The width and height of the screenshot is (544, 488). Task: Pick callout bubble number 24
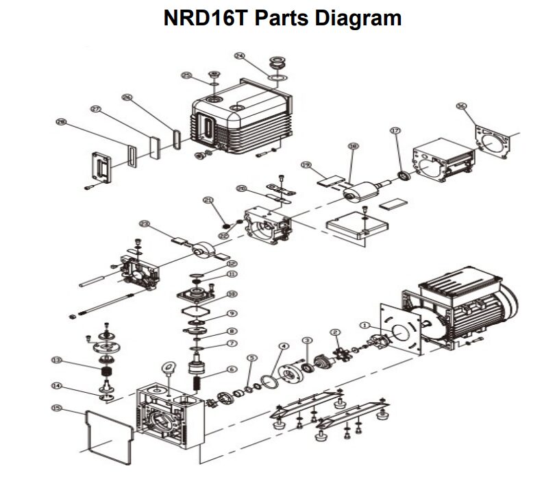tap(239, 56)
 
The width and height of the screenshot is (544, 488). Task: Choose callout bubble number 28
tap(61, 122)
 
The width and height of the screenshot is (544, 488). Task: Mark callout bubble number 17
tap(395, 130)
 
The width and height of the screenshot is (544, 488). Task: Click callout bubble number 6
tap(232, 369)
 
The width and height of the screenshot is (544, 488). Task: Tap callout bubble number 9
tap(232, 313)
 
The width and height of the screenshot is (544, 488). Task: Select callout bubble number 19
tap(306, 165)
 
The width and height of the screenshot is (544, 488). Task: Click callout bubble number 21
tap(208, 200)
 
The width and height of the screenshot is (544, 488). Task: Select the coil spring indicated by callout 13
tap(106, 374)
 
